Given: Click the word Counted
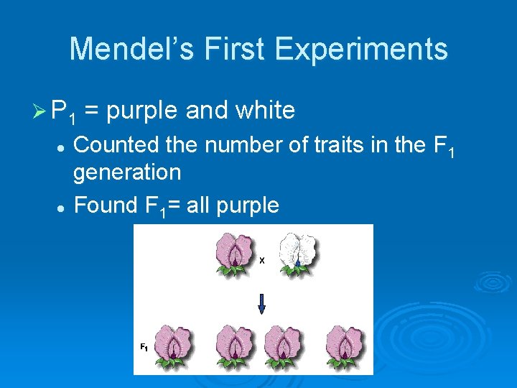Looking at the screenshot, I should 118,144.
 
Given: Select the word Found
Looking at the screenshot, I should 105,205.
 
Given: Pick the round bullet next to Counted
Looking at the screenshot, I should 62,146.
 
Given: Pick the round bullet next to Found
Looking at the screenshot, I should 62,207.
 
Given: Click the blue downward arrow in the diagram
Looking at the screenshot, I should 261,305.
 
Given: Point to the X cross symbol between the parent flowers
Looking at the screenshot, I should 262,261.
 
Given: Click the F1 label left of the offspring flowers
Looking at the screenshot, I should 144,347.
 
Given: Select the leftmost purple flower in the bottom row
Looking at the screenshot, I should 176,344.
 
